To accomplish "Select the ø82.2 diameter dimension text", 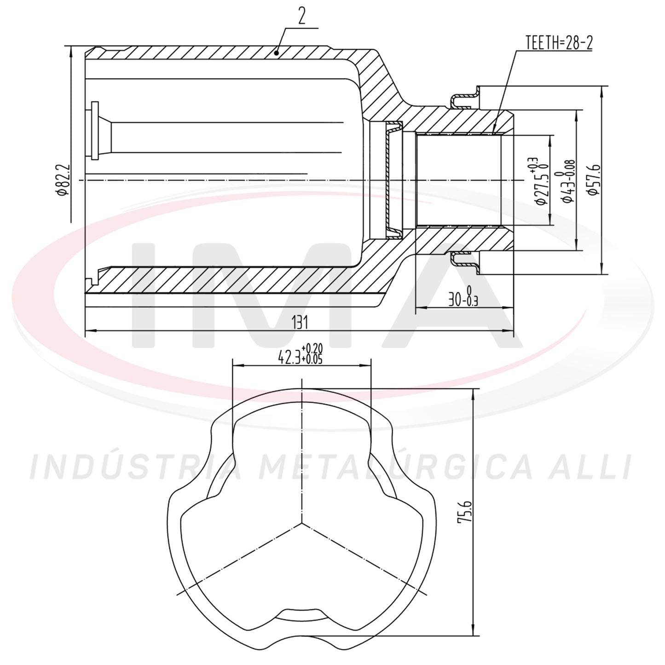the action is coord(64,180).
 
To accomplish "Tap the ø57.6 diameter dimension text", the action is coord(594,180).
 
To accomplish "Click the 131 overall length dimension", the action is coord(300,323).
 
